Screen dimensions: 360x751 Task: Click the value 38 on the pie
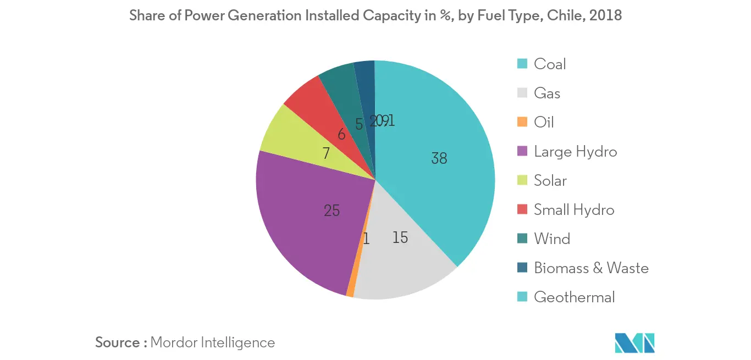click(439, 159)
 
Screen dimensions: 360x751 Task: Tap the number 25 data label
click(332, 210)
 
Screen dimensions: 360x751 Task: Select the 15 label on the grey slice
click(400, 237)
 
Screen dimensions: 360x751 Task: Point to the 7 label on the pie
click(326, 153)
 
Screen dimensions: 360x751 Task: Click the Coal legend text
click(550, 64)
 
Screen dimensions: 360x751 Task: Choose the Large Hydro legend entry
click(575, 152)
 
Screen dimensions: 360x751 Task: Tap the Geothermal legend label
click(575, 297)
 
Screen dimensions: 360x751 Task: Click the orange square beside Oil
click(523, 122)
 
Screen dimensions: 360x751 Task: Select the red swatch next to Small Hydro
click(523, 209)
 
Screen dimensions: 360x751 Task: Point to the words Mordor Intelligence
click(212, 342)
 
